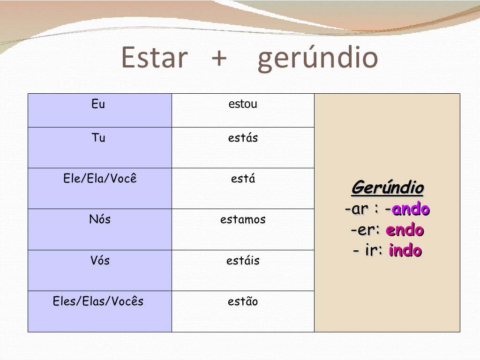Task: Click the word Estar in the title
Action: (x=154, y=58)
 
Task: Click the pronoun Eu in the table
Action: (x=98, y=104)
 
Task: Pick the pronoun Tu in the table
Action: (x=98, y=138)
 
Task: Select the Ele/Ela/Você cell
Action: (x=100, y=179)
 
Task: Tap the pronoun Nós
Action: (x=100, y=219)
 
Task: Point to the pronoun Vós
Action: (x=100, y=261)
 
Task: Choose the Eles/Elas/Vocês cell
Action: (x=98, y=301)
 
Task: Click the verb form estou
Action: (x=243, y=104)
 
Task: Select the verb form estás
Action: (x=243, y=138)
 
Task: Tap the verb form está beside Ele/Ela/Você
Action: (x=243, y=179)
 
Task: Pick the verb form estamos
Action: (x=243, y=219)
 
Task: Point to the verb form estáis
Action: (x=243, y=261)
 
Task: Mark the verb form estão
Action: (x=243, y=301)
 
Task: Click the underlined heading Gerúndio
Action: (x=387, y=188)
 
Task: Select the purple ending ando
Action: (x=411, y=209)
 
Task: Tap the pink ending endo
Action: (x=405, y=230)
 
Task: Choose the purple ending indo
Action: (x=405, y=251)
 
